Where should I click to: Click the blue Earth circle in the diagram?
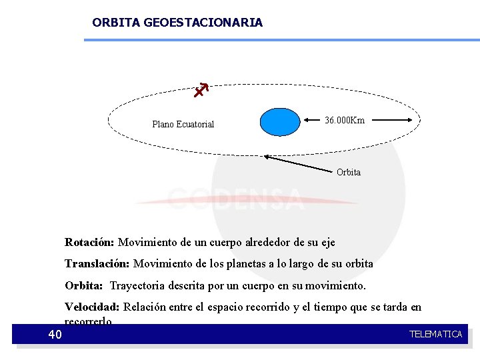[280, 122]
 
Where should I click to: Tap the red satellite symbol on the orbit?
[200, 91]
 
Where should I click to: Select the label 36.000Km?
[344, 121]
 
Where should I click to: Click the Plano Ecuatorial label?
[183, 124]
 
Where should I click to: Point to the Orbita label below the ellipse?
[348, 172]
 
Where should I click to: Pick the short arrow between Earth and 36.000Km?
[313, 121]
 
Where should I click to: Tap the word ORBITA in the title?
[116, 23]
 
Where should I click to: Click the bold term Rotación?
[89, 241]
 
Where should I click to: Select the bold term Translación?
[97, 263]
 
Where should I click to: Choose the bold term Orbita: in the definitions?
[83, 285]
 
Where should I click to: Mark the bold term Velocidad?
[92, 307]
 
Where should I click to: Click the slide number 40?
[55, 334]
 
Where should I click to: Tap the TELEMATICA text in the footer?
[435, 334]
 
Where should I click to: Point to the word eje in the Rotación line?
[327, 241]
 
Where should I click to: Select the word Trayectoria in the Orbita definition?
[138, 285]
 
